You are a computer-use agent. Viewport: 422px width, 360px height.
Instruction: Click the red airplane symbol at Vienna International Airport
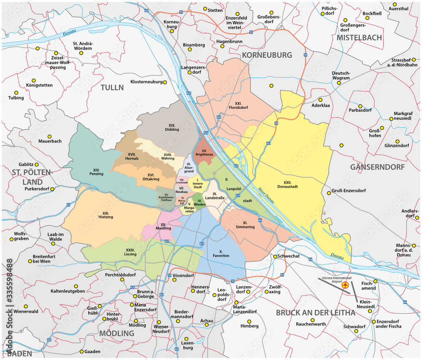click(346, 286)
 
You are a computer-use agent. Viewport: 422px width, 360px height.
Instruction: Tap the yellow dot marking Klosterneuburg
click(165, 82)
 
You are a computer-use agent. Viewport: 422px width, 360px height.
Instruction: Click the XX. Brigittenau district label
click(203, 153)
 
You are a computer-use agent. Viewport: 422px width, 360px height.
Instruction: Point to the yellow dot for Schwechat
click(274, 256)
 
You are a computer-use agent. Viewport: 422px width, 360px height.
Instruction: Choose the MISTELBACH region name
click(359, 38)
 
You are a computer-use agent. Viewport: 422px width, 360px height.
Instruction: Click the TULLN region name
click(112, 88)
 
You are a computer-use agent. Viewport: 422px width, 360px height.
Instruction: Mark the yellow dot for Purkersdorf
click(52, 189)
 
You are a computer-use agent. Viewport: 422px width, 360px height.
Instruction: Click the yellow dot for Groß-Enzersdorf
click(327, 193)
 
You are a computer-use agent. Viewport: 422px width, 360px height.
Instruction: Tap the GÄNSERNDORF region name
click(377, 167)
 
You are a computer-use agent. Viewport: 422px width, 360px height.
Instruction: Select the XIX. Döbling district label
click(172, 127)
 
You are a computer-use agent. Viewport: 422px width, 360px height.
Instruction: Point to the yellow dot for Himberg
click(249, 320)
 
